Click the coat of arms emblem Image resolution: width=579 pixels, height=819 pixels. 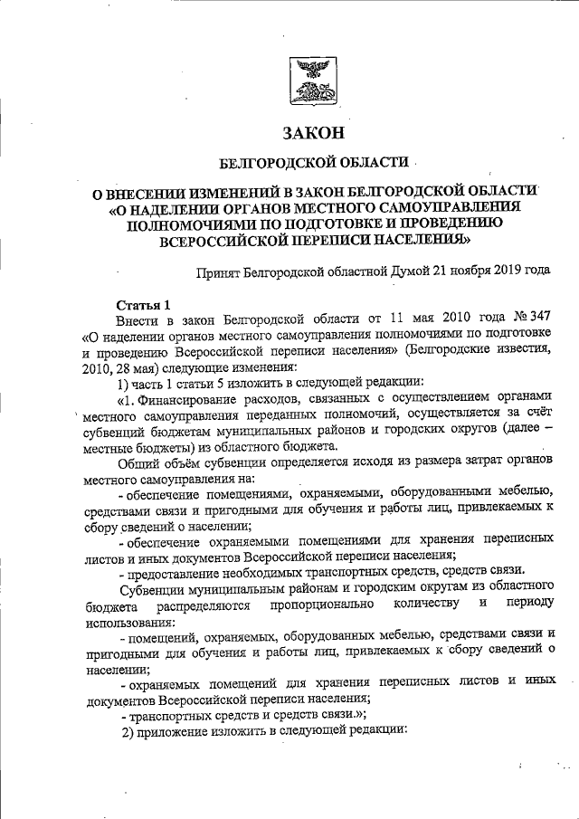(313, 81)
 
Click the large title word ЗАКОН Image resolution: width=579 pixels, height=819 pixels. (314, 134)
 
